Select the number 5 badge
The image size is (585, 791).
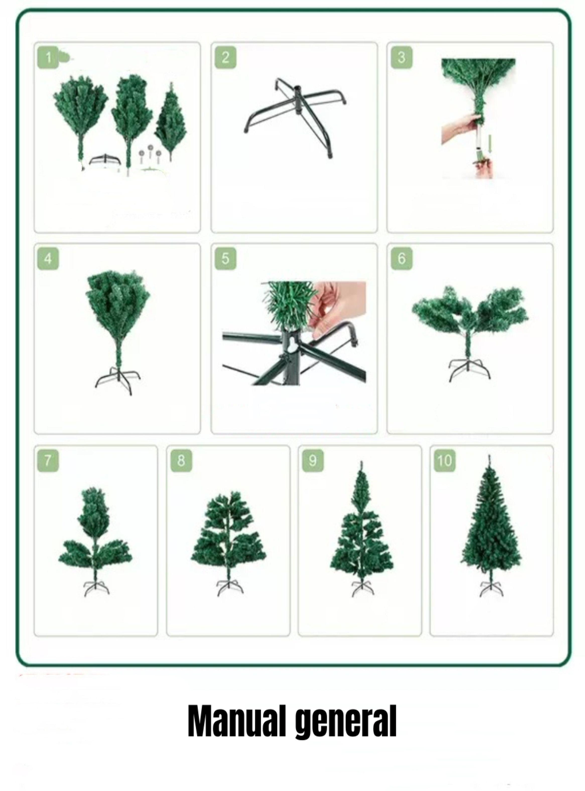pyautogui.click(x=225, y=259)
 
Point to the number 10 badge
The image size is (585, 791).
pyautogui.click(x=444, y=461)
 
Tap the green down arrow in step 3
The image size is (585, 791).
pyautogui.click(x=490, y=145)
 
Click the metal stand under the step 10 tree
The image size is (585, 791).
pyautogui.click(x=491, y=588)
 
